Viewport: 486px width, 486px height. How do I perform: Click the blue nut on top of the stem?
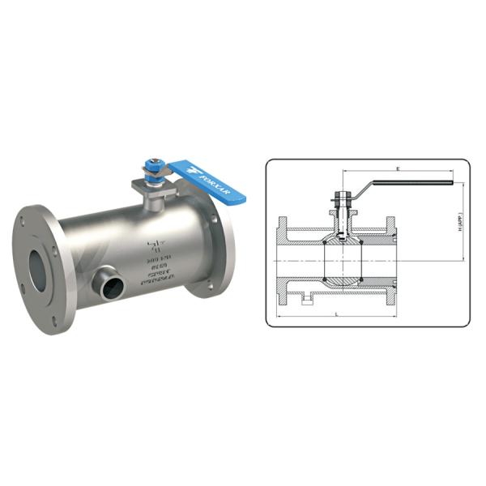coord(151,168)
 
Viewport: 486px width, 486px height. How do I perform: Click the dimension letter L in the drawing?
coord(335,313)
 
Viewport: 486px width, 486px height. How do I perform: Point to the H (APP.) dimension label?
coord(461,224)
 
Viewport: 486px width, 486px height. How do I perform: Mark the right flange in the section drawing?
coord(393,259)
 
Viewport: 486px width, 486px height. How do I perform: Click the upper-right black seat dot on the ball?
coord(356,241)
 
